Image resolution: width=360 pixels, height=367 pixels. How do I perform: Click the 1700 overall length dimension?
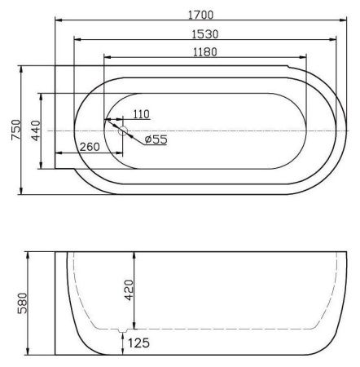[201, 15]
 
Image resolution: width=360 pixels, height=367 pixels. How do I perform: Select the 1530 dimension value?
[205, 34]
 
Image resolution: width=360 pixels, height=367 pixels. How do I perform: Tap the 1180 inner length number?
[205, 52]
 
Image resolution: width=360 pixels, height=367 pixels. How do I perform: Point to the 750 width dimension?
[15, 130]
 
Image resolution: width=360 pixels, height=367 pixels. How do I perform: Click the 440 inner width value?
[36, 130]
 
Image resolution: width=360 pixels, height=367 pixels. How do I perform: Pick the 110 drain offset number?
[141, 114]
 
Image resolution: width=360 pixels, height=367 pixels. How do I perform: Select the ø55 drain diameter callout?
[156, 139]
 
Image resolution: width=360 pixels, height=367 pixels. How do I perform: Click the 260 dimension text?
[90, 147]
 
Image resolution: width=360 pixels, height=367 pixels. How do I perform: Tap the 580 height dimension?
[22, 303]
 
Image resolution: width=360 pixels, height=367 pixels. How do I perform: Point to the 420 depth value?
[129, 290]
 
